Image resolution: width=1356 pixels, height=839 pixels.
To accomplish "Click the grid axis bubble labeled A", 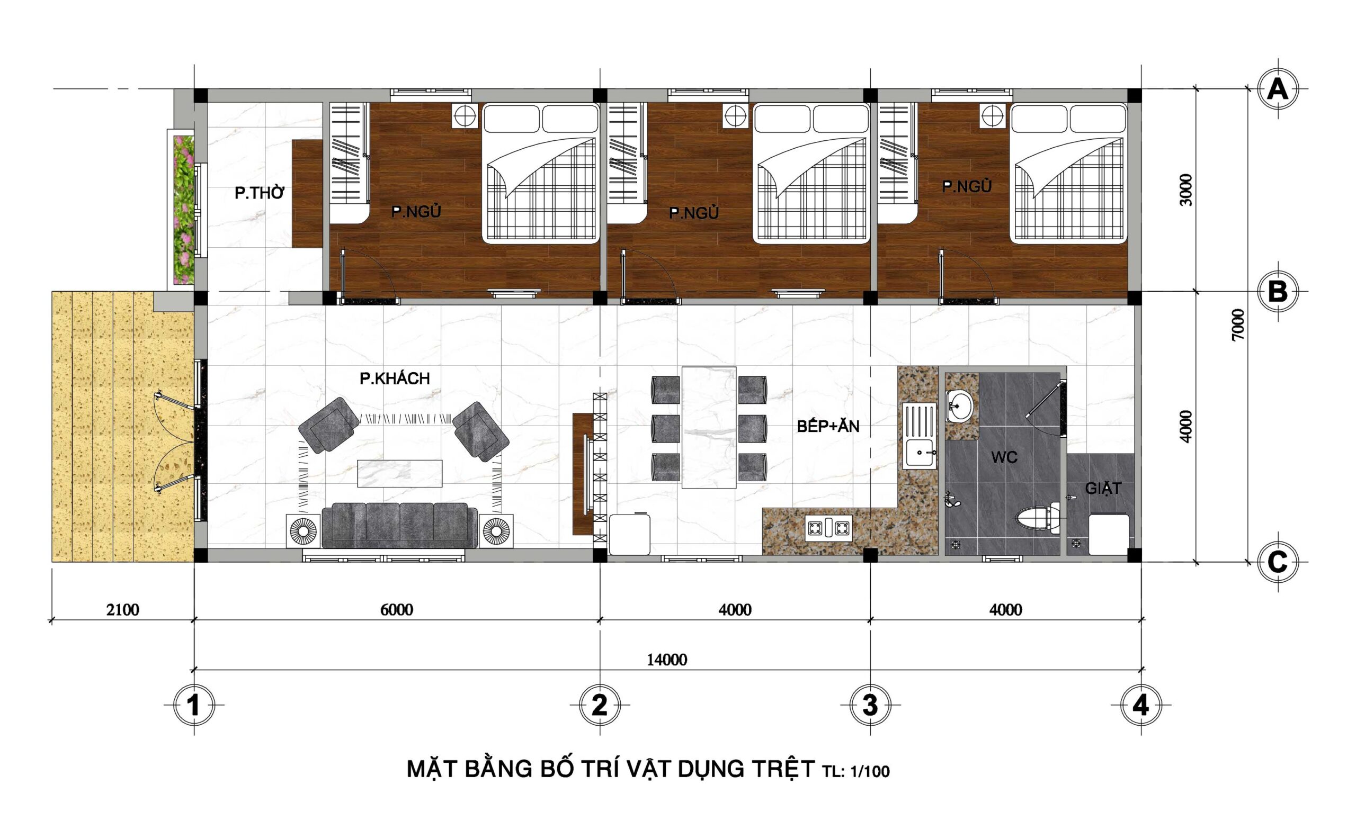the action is tap(1278, 89).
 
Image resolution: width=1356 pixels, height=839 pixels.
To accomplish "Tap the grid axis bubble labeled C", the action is tap(1278, 563).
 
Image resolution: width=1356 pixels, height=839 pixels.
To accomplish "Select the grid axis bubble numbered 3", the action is tap(870, 705).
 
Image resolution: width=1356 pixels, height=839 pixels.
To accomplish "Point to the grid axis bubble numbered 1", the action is tap(194, 705).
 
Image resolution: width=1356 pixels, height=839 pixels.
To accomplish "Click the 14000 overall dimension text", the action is tap(667, 659).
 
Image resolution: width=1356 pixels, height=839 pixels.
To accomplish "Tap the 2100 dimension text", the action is tap(123, 610).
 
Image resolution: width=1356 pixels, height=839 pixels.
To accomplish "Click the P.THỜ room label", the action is tap(260, 193).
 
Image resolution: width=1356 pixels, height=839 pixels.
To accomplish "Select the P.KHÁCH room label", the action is tap(395, 378).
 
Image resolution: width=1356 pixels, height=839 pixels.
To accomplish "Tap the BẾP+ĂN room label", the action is tap(828, 426).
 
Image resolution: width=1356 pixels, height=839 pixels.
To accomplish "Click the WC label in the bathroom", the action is tap(1004, 457).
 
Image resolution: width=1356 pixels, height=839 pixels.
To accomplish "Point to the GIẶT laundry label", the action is tap(1103, 488).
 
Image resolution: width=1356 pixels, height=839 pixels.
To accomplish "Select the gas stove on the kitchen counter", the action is tap(828, 527).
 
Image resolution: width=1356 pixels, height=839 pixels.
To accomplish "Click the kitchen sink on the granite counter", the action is tap(920, 436).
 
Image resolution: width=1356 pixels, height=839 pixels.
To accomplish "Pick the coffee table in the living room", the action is tap(400, 473).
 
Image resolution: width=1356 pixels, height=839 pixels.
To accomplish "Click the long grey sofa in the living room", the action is tap(399, 525).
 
